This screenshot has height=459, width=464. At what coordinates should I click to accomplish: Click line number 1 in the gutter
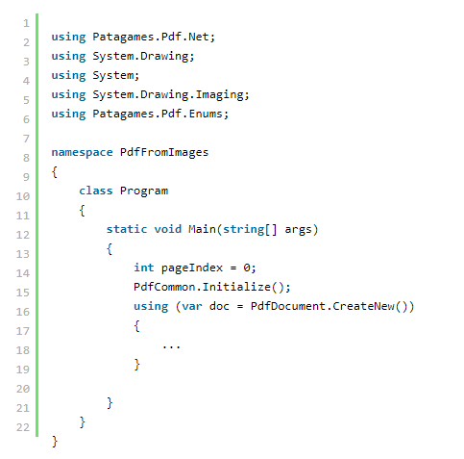tap(26, 23)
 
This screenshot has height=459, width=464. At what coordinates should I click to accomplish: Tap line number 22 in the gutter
tap(23, 427)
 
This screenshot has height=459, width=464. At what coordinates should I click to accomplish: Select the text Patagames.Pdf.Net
tap(151, 37)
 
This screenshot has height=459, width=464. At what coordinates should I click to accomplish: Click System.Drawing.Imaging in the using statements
tap(168, 95)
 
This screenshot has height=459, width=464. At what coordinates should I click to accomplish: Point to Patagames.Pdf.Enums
tap(158, 114)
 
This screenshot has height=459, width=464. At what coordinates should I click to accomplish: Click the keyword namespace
tap(83, 153)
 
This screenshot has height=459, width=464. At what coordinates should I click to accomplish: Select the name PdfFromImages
tap(164, 153)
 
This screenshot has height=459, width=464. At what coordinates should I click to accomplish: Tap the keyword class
tap(96, 191)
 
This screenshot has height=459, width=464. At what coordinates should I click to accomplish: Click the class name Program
tap(144, 191)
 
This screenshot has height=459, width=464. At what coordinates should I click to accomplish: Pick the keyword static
tap(127, 229)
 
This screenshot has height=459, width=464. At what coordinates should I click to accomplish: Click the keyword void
tap(168, 229)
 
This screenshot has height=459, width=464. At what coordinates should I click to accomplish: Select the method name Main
tap(202, 229)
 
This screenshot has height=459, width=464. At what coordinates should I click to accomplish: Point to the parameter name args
tap(298, 230)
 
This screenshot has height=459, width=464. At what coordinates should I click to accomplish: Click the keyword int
tap(144, 268)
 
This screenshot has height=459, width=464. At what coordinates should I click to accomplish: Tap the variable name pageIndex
tap(192, 268)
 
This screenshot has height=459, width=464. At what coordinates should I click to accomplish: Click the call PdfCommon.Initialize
tap(202, 287)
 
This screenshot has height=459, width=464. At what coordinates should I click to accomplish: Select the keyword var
tap(192, 307)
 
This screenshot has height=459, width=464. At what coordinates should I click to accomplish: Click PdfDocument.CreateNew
tap(323, 306)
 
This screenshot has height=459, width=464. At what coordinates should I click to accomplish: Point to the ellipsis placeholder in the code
tap(171, 346)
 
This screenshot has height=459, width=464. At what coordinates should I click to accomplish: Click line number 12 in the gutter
tap(23, 235)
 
